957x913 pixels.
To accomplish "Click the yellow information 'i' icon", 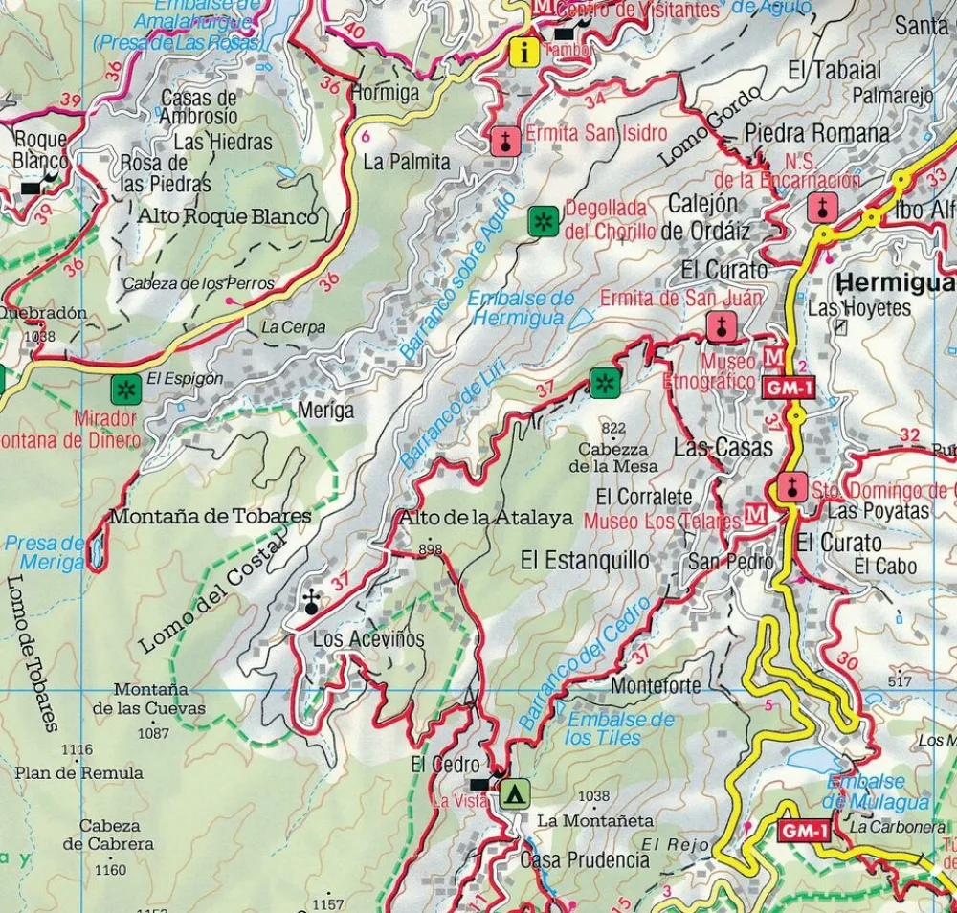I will pos(523,51).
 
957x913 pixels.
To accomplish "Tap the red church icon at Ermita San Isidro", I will pos(504,141).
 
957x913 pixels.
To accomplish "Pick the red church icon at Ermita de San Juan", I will pos(721,325).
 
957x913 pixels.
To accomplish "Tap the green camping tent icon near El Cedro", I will pos(515,792).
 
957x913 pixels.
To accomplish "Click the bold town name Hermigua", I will pos(895,282).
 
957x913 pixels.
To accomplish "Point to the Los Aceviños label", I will pos(368,639).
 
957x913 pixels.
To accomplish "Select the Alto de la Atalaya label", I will pos(485,518).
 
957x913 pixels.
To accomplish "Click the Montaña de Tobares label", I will pos(211,516).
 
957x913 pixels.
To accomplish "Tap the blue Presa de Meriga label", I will pos(44,553).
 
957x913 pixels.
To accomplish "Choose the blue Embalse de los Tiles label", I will pos(620,728).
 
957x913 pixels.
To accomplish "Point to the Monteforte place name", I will pos(656,686).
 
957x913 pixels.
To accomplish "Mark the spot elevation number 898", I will pos(431,549).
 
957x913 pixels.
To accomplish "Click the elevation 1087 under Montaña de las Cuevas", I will pos(153,734).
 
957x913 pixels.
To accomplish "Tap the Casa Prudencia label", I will pos(584,859).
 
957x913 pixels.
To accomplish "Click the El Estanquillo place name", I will pos(585,559).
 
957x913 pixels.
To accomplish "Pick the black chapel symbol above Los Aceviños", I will pos(310,602).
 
